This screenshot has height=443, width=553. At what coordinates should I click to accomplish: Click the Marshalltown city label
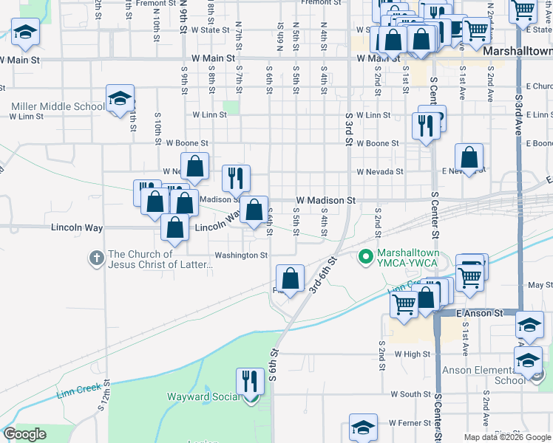pyautogui.click(x=518, y=52)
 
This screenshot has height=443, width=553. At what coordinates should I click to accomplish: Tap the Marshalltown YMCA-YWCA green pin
pyautogui.click(x=364, y=258)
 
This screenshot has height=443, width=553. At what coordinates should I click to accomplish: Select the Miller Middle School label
pyautogui.click(x=57, y=106)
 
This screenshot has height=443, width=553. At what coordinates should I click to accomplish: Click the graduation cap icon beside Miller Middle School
pyautogui.click(x=119, y=98)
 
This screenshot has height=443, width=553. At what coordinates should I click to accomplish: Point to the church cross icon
pyautogui.click(x=96, y=258)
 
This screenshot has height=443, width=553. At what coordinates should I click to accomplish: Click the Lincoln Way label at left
pyautogui.click(x=76, y=227)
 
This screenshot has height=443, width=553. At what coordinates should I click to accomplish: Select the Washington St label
pyautogui.click(x=240, y=255)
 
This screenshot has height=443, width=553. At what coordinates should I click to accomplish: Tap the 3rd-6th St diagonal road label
pyautogui.click(x=324, y=275)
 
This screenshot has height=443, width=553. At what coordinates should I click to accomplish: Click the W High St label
pyautogui.click(x=413, y=354)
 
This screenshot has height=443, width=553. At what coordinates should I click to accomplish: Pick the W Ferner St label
pyautogui.click(x=408, y=423)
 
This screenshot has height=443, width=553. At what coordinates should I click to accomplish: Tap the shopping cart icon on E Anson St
pyautogui.click(x=404, y=303)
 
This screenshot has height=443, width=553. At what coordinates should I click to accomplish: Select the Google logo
pyautogui.click(x=25, y=434)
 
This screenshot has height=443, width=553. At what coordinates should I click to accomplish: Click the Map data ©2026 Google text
pyautogui.click(x=506, y=437)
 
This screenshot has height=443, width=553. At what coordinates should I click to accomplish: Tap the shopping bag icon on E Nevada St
pyautogui.click(x=469, y=157)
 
